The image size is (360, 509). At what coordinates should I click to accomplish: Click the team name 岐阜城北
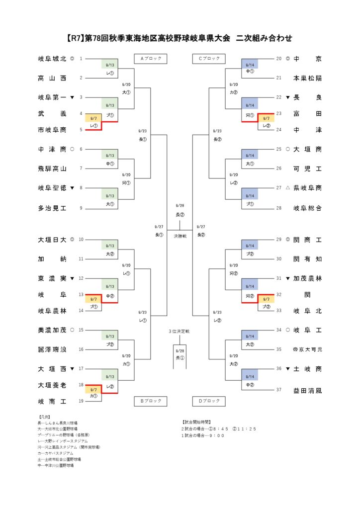coord(52,59)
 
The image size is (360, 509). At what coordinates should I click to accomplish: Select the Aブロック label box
coord(151,59)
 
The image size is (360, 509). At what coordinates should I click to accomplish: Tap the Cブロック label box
coord(209,59)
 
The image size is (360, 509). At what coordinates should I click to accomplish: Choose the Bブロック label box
coord(151,401)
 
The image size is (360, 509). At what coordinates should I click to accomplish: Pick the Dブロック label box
coord(209,401)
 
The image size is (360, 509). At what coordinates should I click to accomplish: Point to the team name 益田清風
coord(307,390)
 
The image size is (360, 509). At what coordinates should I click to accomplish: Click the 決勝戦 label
coord(180,236)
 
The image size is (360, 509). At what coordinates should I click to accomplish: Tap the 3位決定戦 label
coord(180,330)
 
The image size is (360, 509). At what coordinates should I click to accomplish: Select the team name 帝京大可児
coord(307,349)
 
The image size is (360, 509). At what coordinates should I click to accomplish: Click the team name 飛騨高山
coord(52,169)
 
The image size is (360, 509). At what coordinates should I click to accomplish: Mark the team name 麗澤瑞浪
coord(52,349)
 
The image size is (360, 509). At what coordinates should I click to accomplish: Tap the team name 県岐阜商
coord(307,188)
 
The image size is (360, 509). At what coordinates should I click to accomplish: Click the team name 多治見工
coord(52,208)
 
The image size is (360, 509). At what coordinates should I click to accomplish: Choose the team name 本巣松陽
coord(307,79)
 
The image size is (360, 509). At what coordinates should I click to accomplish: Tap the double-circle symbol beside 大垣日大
coord(73,240)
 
